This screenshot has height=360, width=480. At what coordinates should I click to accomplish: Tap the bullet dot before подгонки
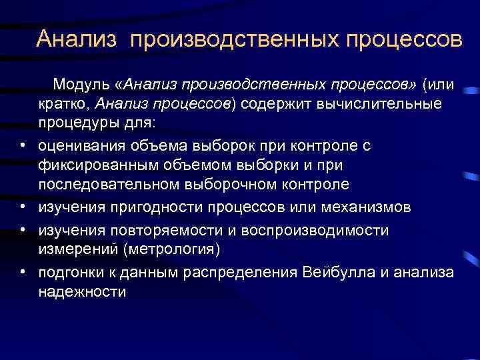pos(23,271)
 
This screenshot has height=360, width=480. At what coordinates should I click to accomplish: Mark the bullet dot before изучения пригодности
pos(23,207)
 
